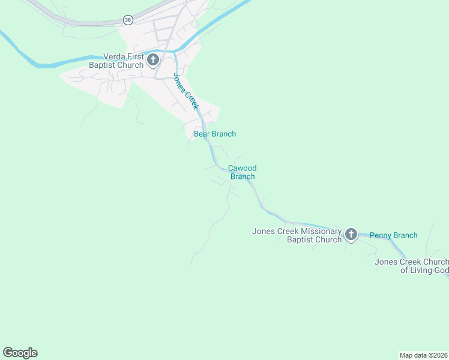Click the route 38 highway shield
128,20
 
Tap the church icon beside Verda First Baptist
153,60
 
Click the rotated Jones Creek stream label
185,91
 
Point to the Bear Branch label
215,134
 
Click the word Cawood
242,169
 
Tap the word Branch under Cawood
243,177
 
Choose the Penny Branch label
393,235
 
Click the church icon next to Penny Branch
351,235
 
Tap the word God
439,271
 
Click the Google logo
20,353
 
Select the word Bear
201,134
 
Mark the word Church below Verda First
131,65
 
